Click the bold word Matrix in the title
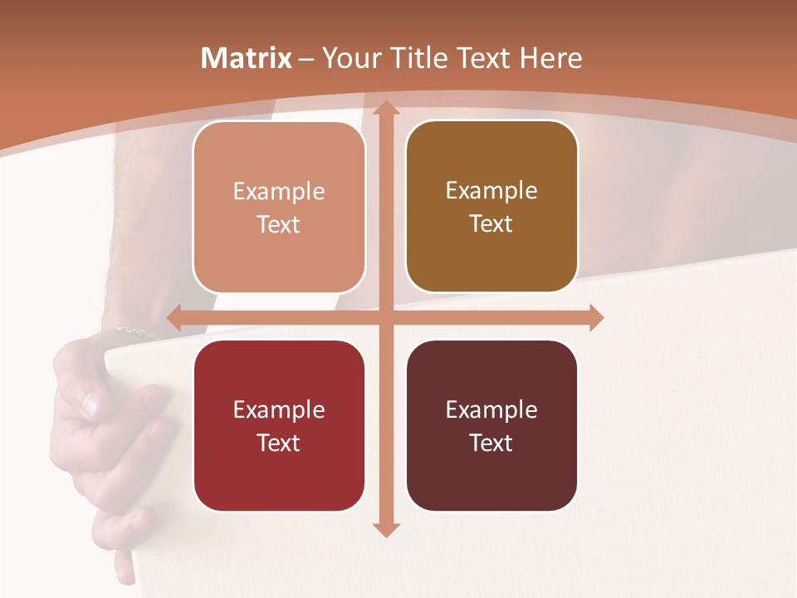pyautogui.click(x=247, y=58)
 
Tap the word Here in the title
pyautogui.click(x=551, y=58)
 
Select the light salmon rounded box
pyautogui.click(x=279, y=207)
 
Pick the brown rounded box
pyautogui.click(x=491, y=207)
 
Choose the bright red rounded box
pyautogui.click(x=279, y=425)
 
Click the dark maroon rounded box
pyautogui.click(x=491, y=425)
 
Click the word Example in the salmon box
pyautogui.click(x=279, y=192)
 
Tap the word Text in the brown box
pyautogui.click(x=491, y=224)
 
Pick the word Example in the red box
pyautogui.click(x=279, y=410)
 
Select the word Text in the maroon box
pyautogui.click(x=491, y=443)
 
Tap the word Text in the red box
pyautogui.click(x=279, y=443)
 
